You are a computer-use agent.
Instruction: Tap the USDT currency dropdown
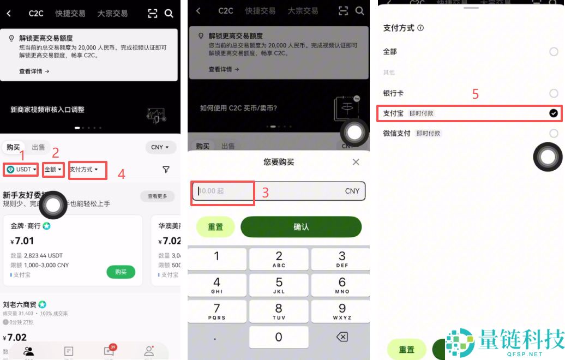tap(21, 170)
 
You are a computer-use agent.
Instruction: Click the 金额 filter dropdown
tap(53, 170)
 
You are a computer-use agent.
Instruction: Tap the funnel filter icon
tap(166, 170)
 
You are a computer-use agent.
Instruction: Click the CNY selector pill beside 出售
tap(160, 147)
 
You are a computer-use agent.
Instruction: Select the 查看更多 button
tap(157, 196)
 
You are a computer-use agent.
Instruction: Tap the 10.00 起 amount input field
tap(223, 191)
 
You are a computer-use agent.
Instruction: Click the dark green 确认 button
tap(301, 227)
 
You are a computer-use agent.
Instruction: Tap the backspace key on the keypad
tap(342, 337)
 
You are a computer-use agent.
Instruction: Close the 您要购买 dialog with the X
tap(356, 162)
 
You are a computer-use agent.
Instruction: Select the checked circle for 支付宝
tap(554, 113)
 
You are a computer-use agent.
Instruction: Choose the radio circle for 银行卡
tap(554, 93)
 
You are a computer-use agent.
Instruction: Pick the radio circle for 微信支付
tap(554, 133)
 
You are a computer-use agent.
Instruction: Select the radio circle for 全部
tap(554, 52)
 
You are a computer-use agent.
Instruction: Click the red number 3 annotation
tap(266, 192)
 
